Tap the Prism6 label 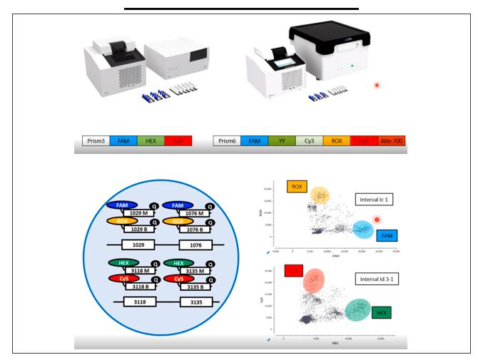(x=230, y=141)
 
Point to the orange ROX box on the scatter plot (x=296, y=187)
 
